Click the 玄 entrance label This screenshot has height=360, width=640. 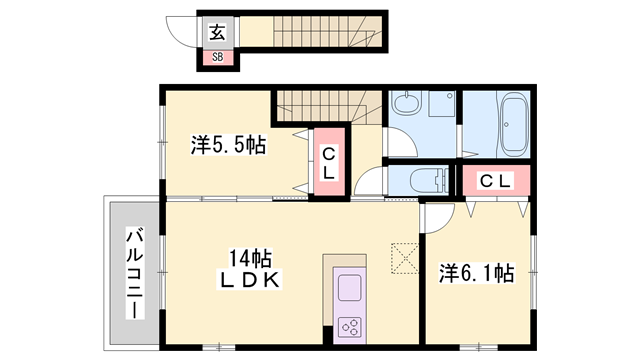click(x=217, y=31)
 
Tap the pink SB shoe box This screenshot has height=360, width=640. click(x=217, y=57)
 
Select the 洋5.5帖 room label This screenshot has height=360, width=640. click(x=229, y=146)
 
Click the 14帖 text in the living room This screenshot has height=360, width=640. click(x=251, y=256)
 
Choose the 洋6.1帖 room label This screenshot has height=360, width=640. click(x=478, y=272)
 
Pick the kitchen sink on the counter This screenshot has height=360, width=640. click(x=351, y=288)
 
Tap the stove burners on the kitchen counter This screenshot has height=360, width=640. click(x=351, y=325)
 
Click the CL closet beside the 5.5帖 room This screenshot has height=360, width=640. click(x=327, y=163)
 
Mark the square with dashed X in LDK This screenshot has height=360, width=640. click(x=404, y=257)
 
